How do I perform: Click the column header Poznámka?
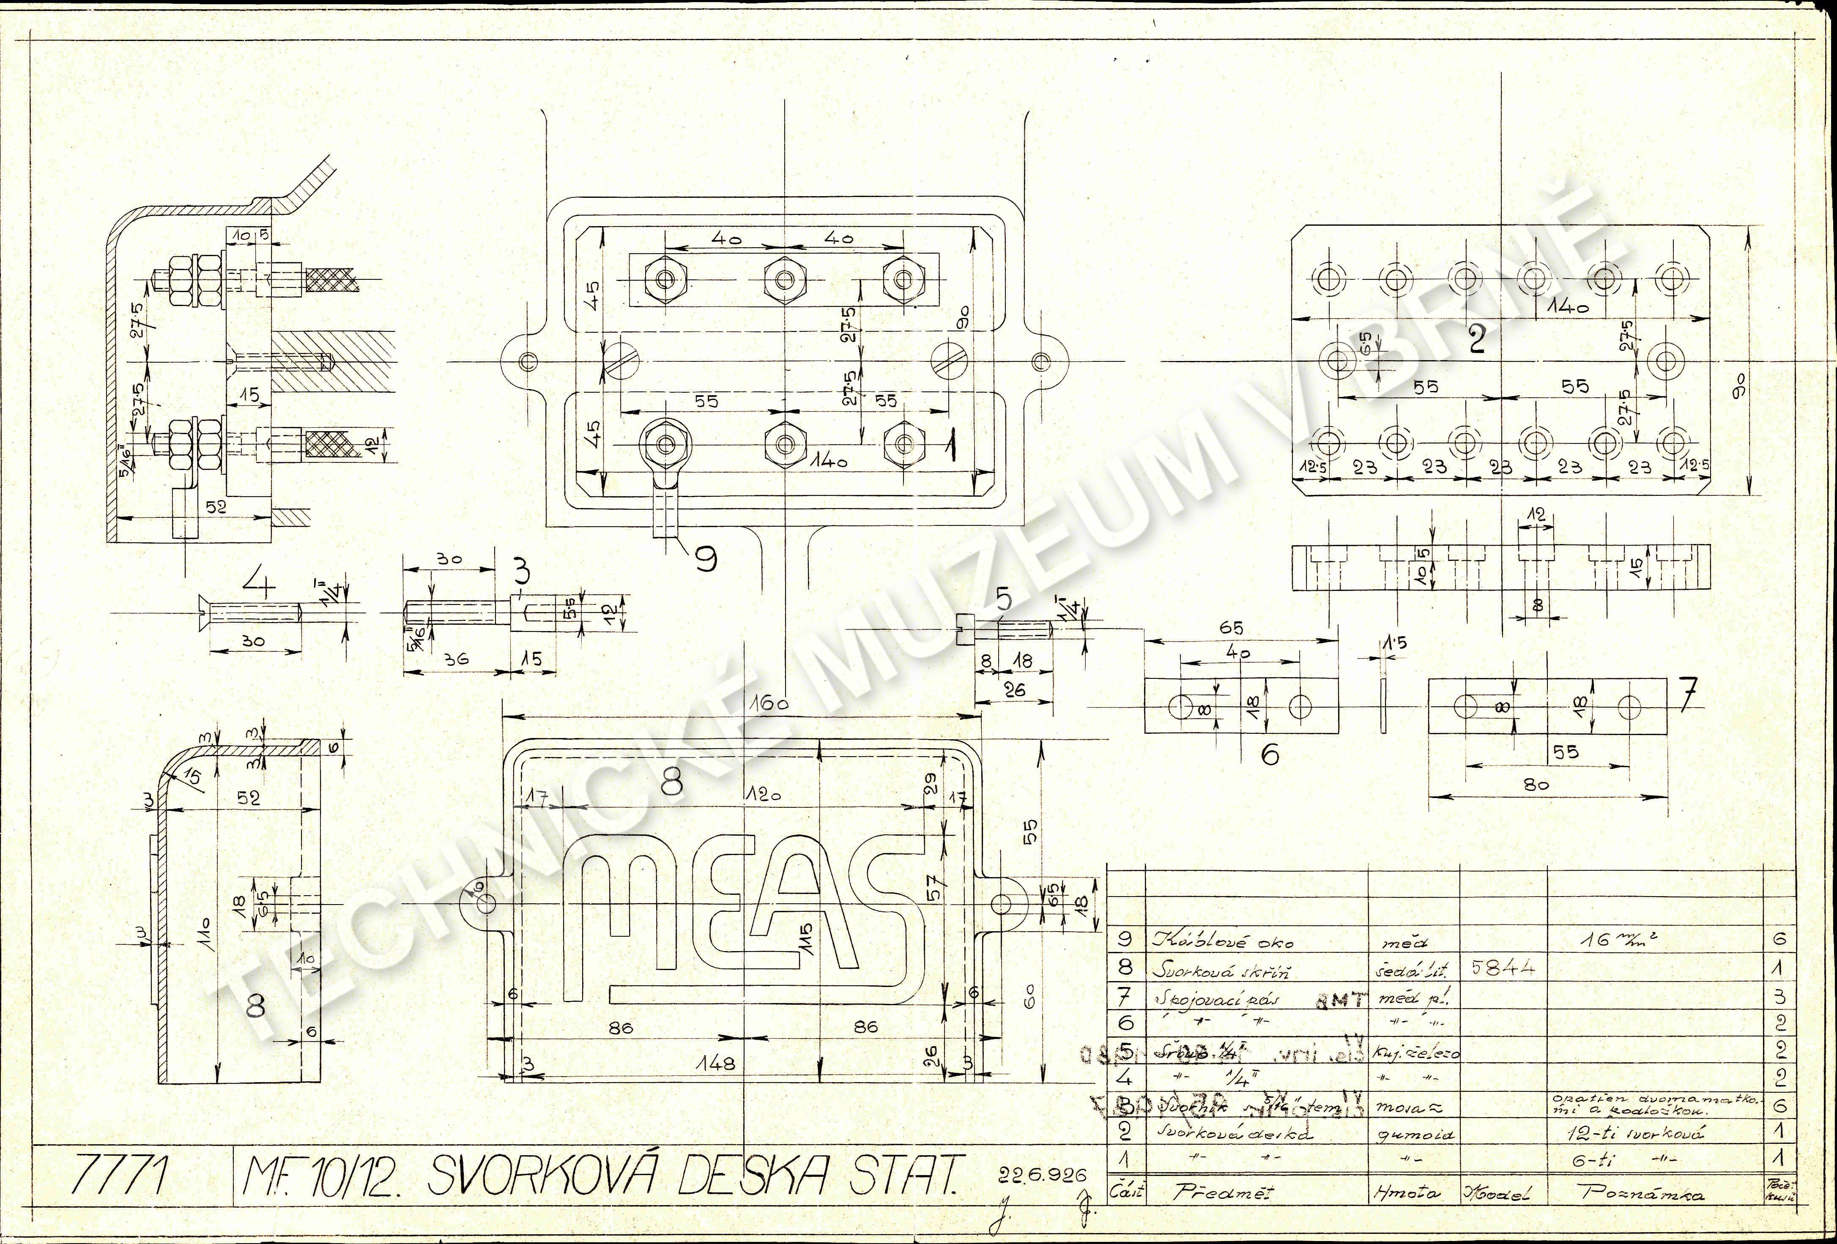(x=1643, y=1193)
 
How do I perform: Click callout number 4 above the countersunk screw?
(x=258, y=585)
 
